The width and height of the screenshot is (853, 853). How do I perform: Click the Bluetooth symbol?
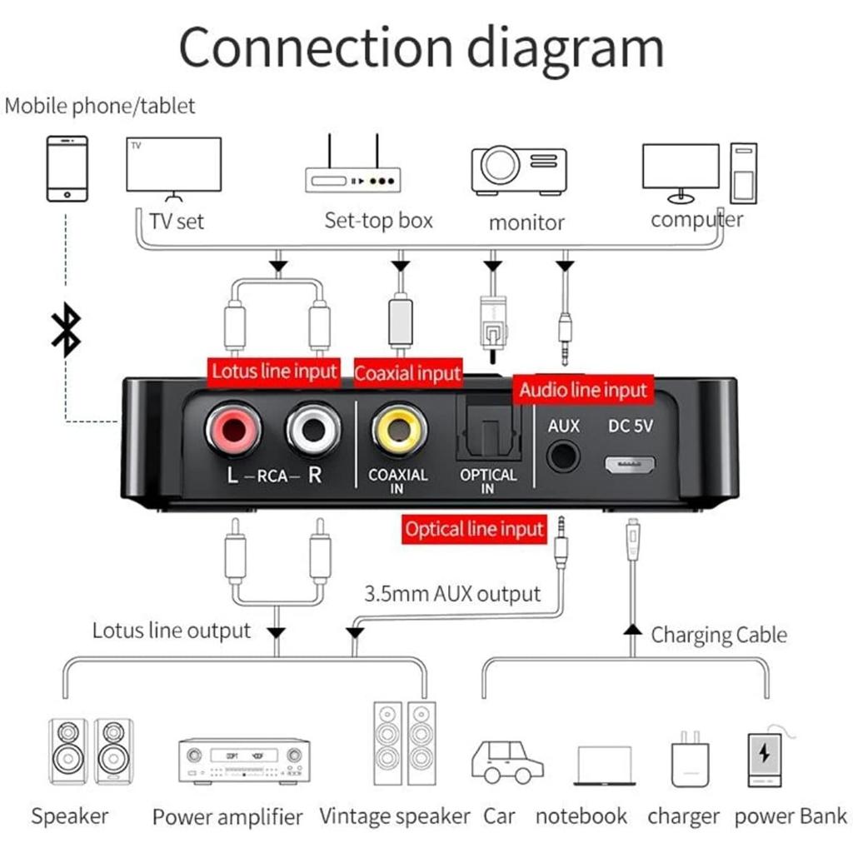[x=67, y=330]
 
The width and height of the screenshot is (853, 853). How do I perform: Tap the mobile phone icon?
[x=67, y=169]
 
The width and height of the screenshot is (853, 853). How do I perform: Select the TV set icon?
[x=173, y=167]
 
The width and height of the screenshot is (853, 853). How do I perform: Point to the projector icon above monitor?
[x=518, y=170]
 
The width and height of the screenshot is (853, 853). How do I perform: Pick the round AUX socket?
[x=564, y=456]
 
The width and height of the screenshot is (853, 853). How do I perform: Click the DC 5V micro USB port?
[x=630, y=464]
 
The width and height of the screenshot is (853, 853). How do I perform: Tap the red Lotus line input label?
[x=273, y=372]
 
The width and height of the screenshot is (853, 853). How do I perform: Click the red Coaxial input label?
[x=407, y=374]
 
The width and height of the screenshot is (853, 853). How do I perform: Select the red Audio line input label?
[x=583, y=390]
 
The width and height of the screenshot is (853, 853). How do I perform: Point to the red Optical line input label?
[x=474, y=530]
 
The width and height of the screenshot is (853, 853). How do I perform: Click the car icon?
[x=506, y=760]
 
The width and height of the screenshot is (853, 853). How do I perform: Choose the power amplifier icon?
[x=244, y=760]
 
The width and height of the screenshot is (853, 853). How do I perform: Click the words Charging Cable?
[x=718, y=636]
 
